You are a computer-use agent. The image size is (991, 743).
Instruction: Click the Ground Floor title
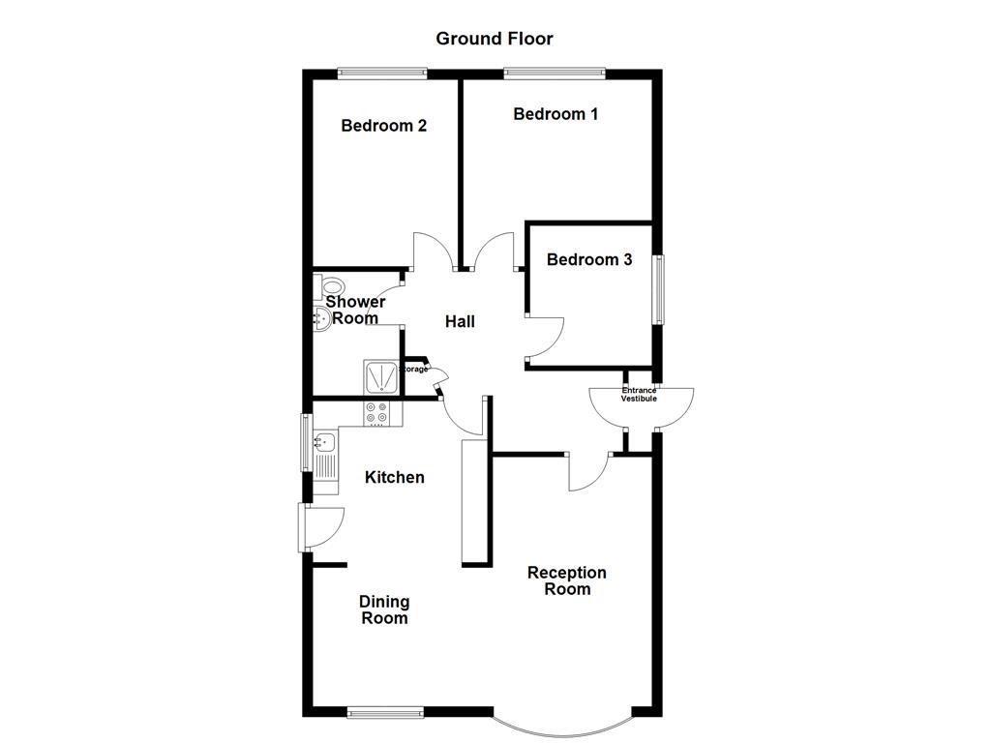pos(494,39)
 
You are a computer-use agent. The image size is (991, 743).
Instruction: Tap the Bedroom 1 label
pos(556,114)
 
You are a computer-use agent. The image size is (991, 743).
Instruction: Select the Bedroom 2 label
pos(384,126)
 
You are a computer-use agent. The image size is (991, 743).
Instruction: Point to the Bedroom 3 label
pos(589,259)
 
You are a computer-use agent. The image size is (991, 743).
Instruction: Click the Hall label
pos(460,321)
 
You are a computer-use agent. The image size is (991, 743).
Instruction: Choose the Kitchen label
pos(394,477)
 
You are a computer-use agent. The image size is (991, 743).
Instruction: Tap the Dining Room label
pos(384,609)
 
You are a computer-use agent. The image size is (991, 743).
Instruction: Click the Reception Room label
pos(567,580)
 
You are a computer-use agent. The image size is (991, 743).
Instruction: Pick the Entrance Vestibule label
pos(639,395)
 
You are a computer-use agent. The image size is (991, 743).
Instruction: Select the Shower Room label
pos(355,310)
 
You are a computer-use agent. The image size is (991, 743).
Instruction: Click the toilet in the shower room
pos(330,287)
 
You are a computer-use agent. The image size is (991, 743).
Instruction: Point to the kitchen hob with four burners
pos(381,413)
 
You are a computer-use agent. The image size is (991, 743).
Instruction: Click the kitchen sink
pos(324,444)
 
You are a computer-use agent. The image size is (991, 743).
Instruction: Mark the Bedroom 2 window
pos(382,73)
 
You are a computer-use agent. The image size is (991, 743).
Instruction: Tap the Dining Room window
pos(385,713)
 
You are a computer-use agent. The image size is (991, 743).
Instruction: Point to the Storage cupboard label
pos(415,369)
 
